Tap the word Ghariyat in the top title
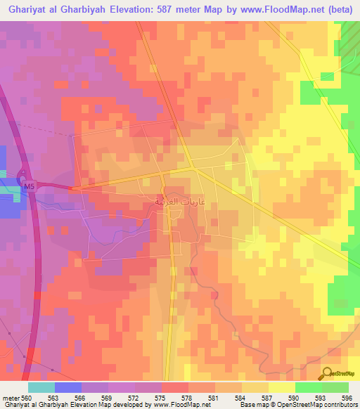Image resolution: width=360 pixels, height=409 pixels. pos(26,10)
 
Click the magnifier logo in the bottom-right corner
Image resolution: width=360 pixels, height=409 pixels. pos(328,374)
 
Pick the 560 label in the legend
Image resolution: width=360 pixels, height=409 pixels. pos(27,397)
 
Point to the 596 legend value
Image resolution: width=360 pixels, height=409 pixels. pos(347,397)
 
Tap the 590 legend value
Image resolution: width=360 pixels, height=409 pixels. pos(295,397)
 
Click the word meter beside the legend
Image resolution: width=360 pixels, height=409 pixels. pos(10,397)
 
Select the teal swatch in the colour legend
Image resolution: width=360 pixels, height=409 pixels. pos(41,387)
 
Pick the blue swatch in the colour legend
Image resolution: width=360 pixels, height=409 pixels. pos(67,387)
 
